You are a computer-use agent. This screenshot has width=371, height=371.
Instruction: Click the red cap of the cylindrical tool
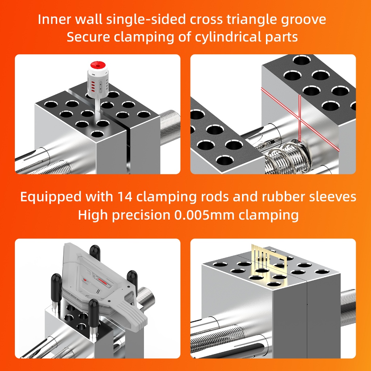pyautogui.click(x=97, y=65)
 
